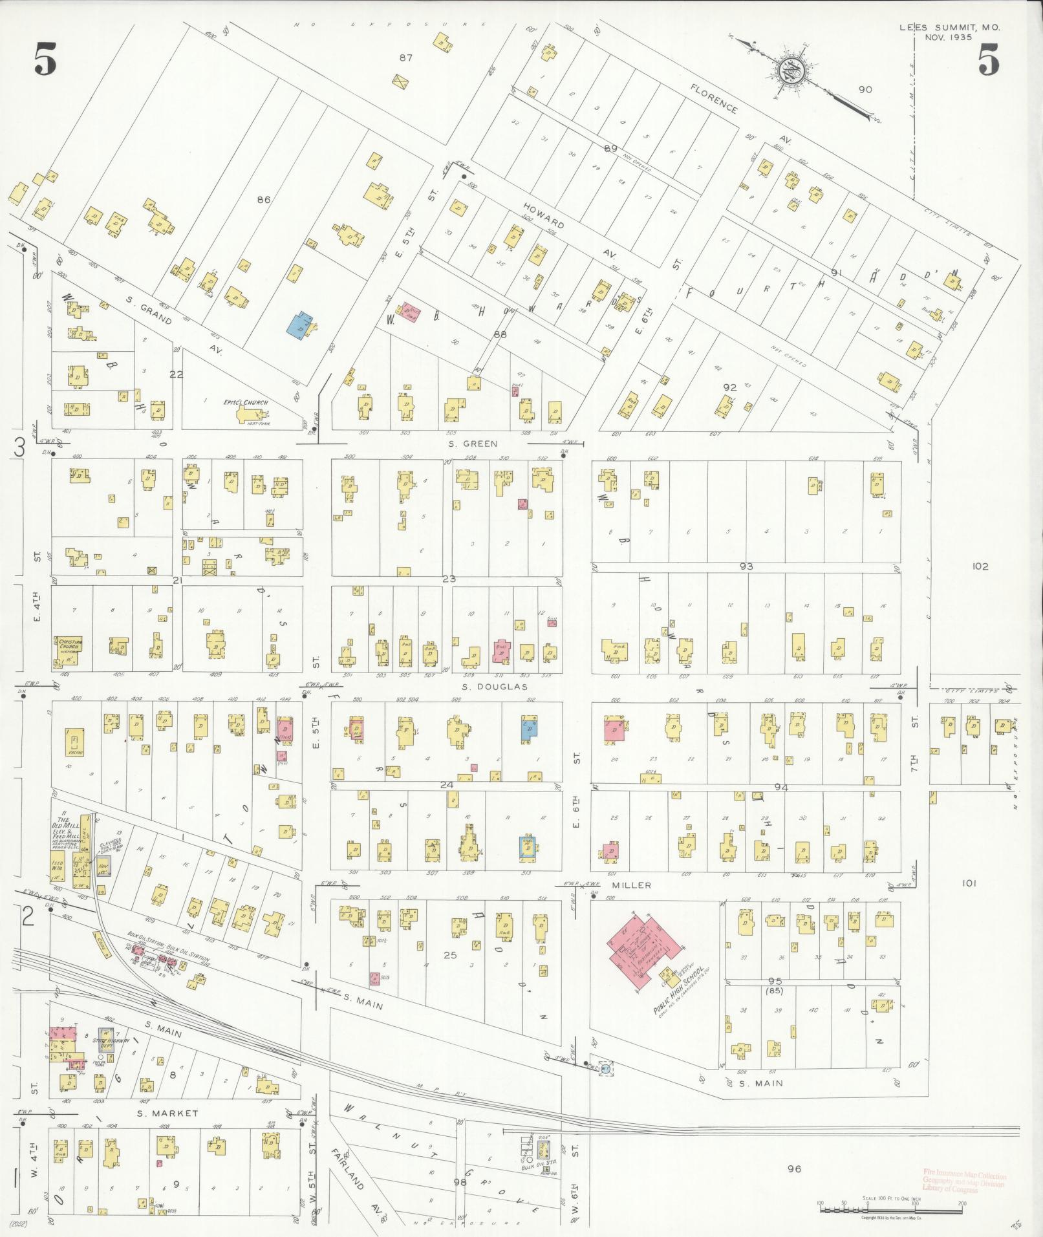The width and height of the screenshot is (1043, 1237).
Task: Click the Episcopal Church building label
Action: point(245,402)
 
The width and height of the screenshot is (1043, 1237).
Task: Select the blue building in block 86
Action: point(299,323)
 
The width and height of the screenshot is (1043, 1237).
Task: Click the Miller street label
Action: point(637,885)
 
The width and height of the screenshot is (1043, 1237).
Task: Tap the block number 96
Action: point(794,1168)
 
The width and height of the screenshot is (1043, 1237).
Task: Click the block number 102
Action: point(980,566)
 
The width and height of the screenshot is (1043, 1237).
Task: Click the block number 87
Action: point(405,58)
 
